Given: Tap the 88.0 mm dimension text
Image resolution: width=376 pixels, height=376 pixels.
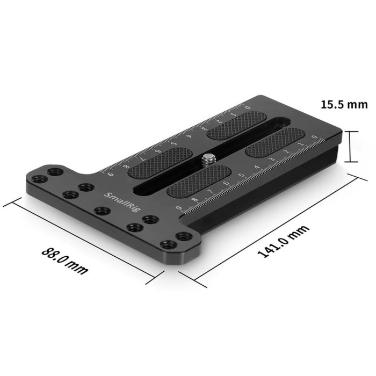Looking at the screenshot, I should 64,260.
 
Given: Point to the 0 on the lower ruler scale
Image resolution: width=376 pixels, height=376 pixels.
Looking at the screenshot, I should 315,143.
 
